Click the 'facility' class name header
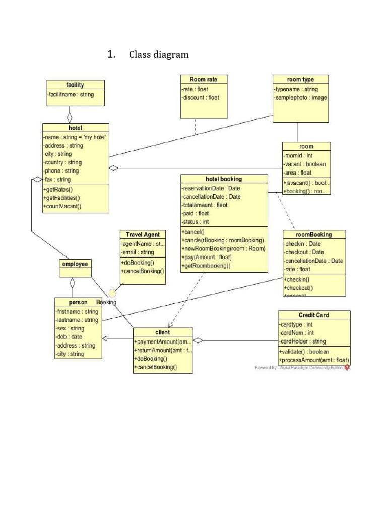(75, 85)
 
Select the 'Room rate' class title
(204, 79)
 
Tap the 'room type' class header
(300, 79)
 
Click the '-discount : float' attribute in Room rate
(201, 98)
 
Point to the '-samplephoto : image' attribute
(301, 98)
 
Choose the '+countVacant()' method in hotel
(62, 206)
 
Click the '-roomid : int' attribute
(298, 156)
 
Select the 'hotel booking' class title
(224, 179)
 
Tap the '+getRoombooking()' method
(208, 266)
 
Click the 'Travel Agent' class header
(143, 234)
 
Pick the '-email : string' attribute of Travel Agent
(138, 252)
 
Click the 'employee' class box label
(75, 264)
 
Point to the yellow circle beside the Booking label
(113, 293)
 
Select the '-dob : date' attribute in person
(70, 337)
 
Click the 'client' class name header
(163, 332)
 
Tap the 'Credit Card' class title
(313, 315)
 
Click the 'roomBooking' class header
(314, 234)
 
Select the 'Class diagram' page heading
(159, 55)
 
